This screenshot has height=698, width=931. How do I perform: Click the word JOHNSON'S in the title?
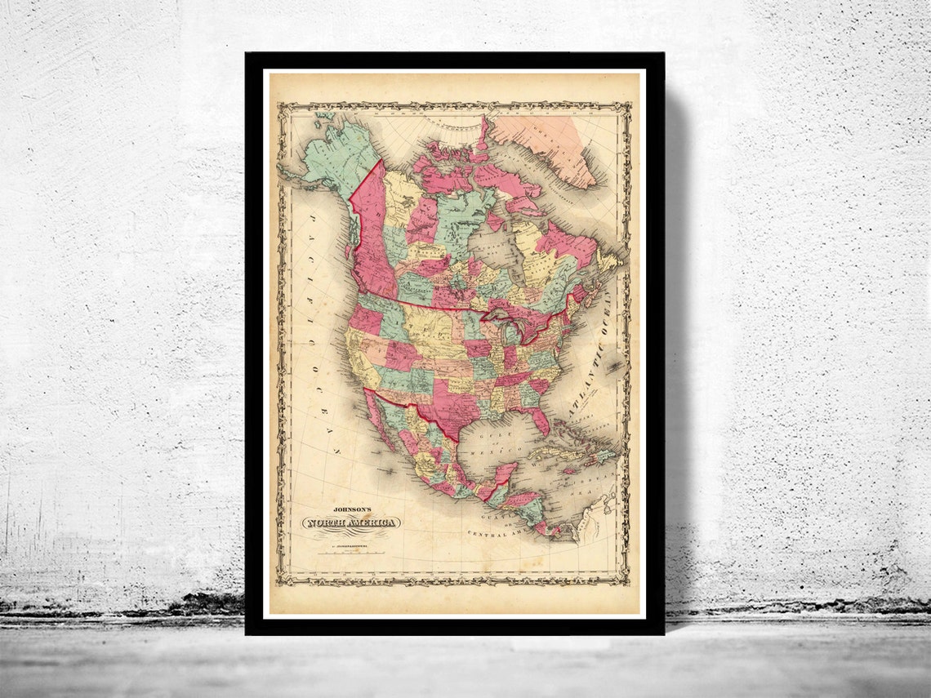pos(352,505)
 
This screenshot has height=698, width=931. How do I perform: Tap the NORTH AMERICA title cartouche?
pos(353,522)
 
